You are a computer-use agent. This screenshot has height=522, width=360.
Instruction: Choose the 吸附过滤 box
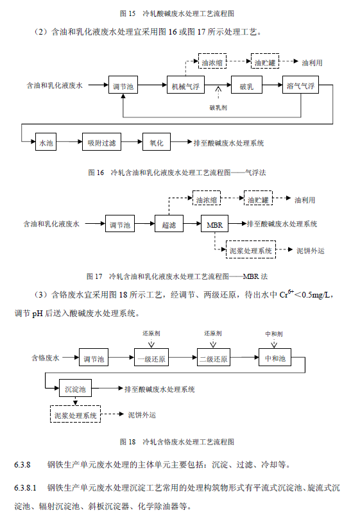tap(101, 142)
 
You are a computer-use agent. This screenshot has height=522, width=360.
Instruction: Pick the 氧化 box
tap(156, 142)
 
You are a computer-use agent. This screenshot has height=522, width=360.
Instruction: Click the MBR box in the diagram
tap(213, 224)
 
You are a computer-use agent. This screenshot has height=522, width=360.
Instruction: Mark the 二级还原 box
tap(212, 358)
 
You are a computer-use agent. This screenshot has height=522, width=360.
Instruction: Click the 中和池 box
tap(275, 358)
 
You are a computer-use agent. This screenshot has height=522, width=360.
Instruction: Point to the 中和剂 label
tap(274, 333)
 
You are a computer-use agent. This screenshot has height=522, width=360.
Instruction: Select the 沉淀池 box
tap(75, 389)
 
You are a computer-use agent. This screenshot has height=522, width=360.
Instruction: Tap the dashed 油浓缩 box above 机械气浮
tap(211, 62)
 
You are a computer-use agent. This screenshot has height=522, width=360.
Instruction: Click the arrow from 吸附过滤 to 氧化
tap(132, 142)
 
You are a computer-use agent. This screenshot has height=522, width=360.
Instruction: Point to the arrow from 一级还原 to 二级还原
tap(181, 358)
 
